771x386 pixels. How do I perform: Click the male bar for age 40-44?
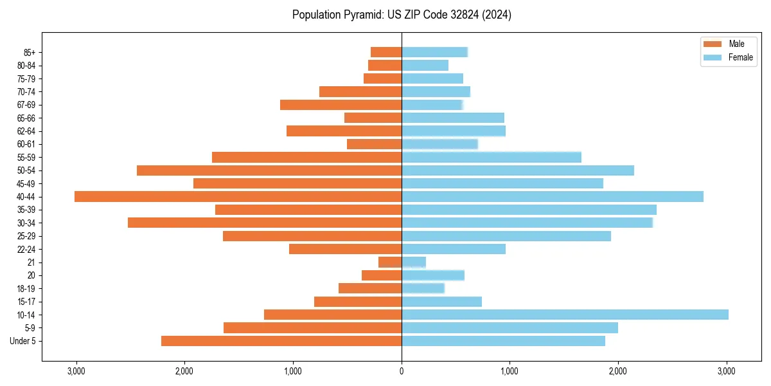238,196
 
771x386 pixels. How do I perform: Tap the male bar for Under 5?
281,341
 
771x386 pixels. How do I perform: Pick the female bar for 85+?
434,52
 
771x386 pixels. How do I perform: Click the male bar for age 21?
390,262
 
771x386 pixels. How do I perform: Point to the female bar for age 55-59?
492,157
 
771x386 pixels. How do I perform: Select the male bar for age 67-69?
341,105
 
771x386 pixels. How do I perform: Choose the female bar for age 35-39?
529,210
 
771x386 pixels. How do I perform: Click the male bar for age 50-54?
269,170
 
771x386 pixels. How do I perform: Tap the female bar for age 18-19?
423,288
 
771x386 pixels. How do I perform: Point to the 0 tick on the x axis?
402,371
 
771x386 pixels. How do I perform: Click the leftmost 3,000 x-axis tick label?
76,371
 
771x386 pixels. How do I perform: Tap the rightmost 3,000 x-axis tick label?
727,371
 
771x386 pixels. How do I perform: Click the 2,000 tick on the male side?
184,371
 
